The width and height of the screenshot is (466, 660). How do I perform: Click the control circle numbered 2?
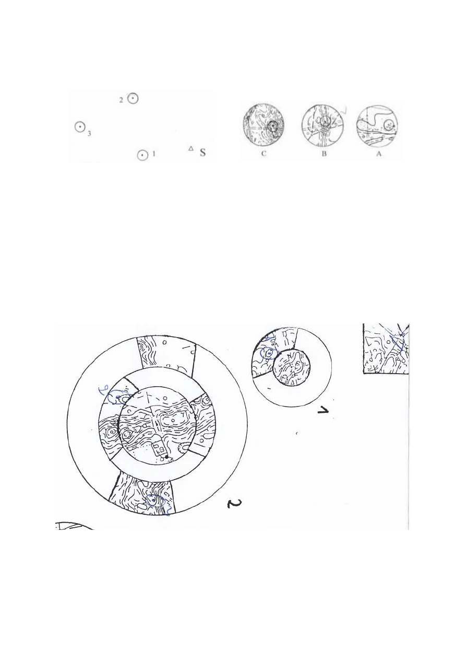click(x=133, y=98)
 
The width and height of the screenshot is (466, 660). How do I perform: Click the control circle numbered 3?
click(x=79, y=126)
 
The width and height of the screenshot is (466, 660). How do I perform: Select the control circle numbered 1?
click(x=141, y=155)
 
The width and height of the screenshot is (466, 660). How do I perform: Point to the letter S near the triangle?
click(x=202, y=153)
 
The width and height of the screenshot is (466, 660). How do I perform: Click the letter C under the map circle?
click(x=264, y=155)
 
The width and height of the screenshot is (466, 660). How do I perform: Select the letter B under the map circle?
click(x=324, y=155)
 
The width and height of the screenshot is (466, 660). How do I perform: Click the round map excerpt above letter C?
click(x=263, y=126)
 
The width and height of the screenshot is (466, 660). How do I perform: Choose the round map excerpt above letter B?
click(x=323, y=126)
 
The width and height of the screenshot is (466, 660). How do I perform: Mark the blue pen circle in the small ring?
click(x=268, y=353)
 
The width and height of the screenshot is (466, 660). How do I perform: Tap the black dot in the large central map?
click(x=166, y=457)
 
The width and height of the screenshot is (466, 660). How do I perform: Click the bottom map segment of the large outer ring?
click(x=143, y=493)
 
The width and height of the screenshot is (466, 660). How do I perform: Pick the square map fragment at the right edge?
click(x=386, y=349)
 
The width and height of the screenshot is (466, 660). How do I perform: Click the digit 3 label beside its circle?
click(x=89, y=134)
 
